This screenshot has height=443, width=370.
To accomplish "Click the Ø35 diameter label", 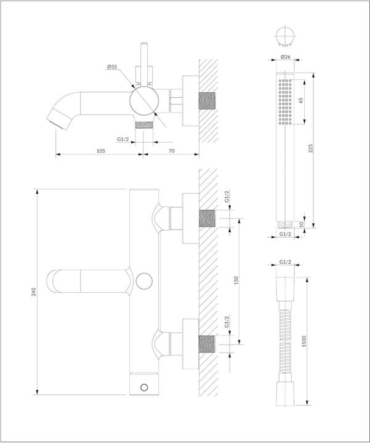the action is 112,67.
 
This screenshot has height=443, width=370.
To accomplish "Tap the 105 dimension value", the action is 101,151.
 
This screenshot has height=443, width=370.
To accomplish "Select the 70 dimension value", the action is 172,151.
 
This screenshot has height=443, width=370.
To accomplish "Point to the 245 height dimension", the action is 34,292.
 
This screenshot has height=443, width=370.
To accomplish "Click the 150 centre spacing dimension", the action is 236,280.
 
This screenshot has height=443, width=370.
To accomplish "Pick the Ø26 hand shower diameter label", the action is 286,57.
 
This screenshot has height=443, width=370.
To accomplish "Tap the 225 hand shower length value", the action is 311,148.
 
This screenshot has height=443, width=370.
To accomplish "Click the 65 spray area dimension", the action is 301,100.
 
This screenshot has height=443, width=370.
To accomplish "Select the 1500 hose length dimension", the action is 304,341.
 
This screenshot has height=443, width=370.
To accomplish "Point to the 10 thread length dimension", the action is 301,225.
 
